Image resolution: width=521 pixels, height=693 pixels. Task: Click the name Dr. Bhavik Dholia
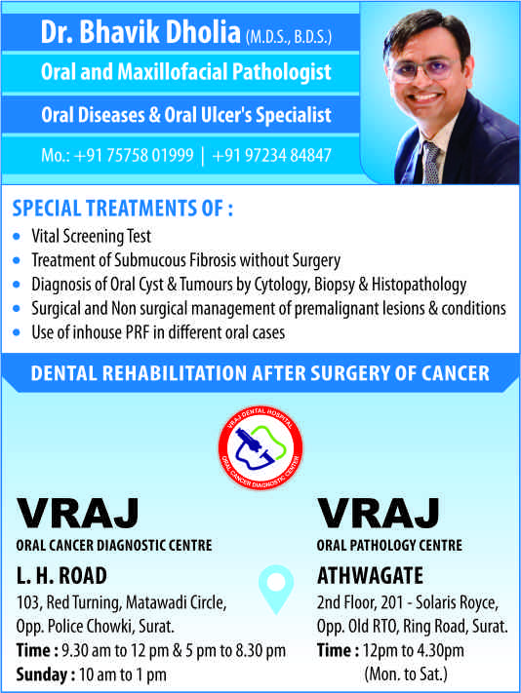click(140, 32)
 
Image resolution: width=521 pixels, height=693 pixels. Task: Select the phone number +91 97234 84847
click(271, 156)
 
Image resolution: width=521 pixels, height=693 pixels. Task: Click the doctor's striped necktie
click(430, 163)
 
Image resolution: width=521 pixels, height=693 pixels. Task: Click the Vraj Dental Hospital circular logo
click(260, 447)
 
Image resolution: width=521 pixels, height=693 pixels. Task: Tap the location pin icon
click(276, 589)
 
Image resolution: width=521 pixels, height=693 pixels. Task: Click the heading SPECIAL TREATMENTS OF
click(123, 209)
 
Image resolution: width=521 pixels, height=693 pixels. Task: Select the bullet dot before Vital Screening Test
click(17, 237)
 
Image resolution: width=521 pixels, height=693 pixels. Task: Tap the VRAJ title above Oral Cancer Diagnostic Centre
click(77, 513)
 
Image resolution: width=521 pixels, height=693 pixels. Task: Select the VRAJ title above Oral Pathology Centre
click(379, 513)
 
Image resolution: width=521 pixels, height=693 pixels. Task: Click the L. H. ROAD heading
click(61, 576)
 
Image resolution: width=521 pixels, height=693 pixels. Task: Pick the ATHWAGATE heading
click(370, 576)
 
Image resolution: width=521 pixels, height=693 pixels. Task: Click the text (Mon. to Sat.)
click(406, 674)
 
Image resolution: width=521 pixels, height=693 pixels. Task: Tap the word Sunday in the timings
click(42, 674)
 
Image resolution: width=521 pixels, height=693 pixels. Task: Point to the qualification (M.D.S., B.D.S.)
click(289, 37)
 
